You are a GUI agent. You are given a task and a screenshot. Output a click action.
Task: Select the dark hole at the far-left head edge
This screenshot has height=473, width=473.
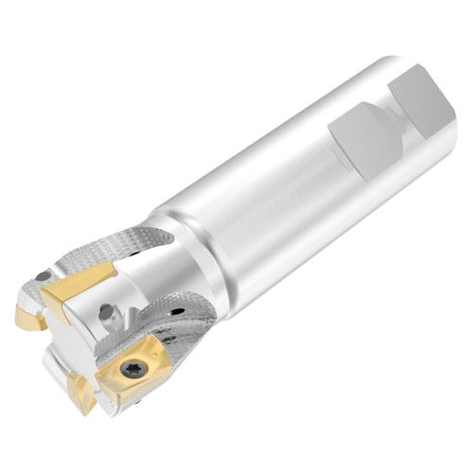point(42,275)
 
